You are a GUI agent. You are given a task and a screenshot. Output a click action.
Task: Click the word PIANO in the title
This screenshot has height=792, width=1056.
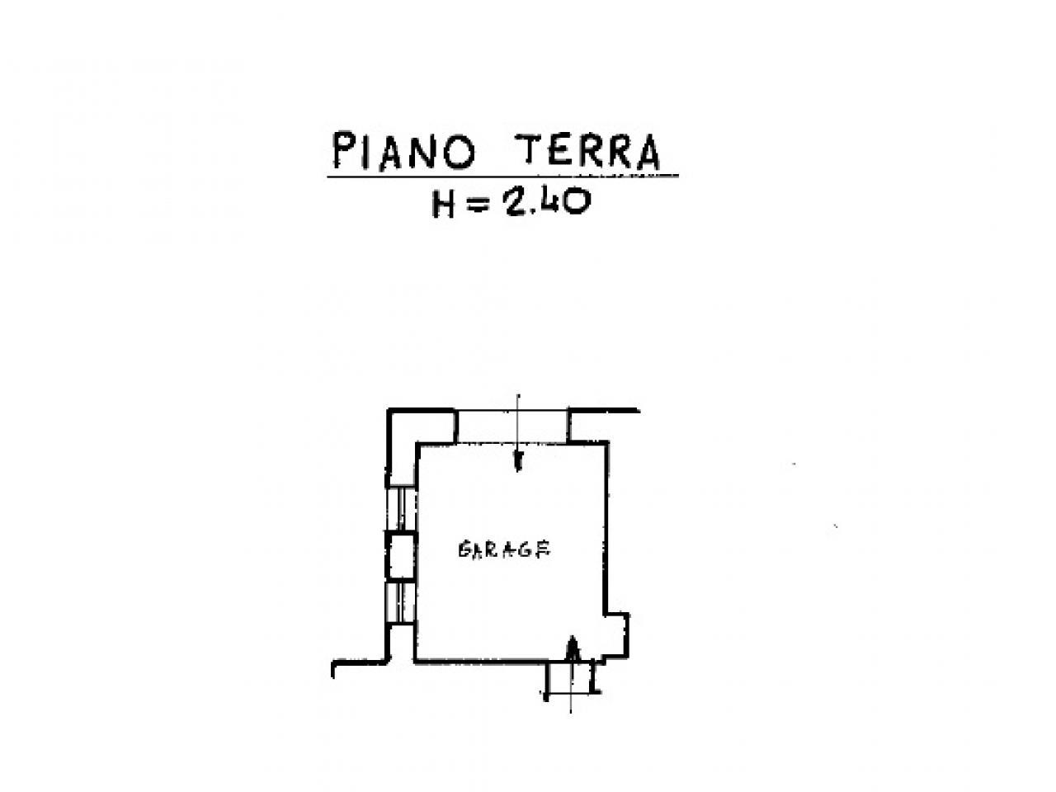click(x=404, y=152)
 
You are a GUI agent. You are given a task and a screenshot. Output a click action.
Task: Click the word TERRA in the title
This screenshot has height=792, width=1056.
click(x=588, y=152)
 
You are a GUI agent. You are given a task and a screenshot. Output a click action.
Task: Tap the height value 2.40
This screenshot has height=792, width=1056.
click(x=545, y=201)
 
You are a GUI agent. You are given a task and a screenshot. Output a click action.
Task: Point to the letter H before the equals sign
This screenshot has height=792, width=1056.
click(x=445, y=203)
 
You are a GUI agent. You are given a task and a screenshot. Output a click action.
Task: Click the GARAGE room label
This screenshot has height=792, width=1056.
click(x=503, y=549)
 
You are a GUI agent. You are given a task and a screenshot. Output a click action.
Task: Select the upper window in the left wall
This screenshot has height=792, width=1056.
click(x=401, y=507)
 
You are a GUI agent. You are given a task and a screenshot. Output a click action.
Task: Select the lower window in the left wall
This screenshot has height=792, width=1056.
click(x=401, y=601)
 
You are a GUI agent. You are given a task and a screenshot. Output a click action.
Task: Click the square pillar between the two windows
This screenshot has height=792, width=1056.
click(x=401, y=554)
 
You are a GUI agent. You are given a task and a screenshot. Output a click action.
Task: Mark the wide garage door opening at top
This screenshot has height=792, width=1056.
click(x=512, y=426)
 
